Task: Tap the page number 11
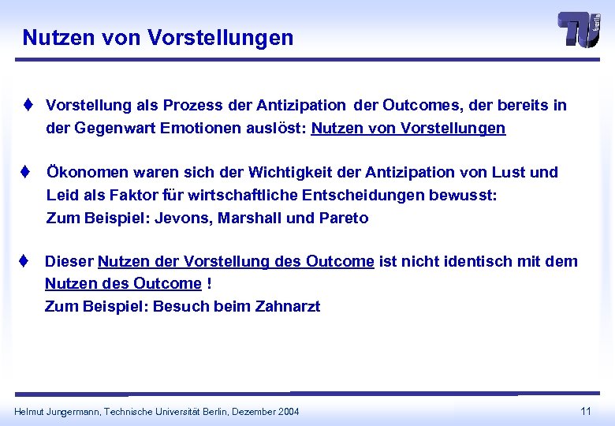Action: tap(586, 411)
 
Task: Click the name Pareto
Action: tap(344, 218)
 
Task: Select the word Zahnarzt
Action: tap(288, 306)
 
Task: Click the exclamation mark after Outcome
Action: tap(209, 283)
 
